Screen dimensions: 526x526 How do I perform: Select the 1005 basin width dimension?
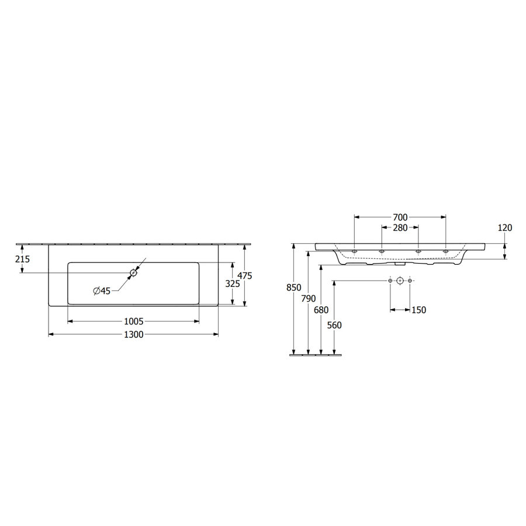(x=134, y=321)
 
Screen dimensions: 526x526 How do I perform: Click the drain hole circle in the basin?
(x=134, y=272)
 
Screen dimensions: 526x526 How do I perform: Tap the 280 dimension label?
(x=400, y=227)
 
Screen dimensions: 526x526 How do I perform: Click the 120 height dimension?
(x=505, y=228)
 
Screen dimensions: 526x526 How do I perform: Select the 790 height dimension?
(x=308, y=299)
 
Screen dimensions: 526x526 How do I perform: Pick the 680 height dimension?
(x=321, y=310)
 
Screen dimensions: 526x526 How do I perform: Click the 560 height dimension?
(x=334, y=325)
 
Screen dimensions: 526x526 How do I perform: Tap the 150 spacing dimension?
(x=418, y=310)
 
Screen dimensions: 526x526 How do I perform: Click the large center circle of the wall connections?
(x=400, y=281)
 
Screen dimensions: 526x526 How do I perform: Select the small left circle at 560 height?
(x=390, y=281)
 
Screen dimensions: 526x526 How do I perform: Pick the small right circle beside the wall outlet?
(x=410, y=281)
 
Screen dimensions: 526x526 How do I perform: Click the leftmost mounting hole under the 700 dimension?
(x=355, y=251)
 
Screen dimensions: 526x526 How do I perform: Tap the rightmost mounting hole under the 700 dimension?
(x=445, y=251)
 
